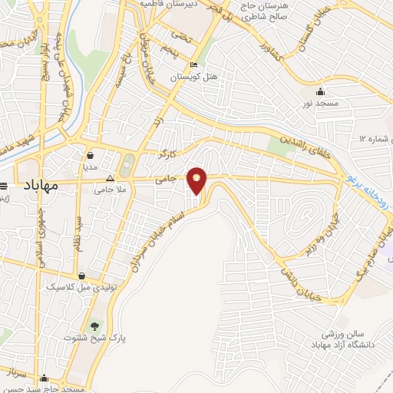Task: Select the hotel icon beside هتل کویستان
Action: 193,64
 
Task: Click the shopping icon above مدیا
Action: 90,153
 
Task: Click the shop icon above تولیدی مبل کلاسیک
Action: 81,275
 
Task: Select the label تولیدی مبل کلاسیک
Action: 82,287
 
